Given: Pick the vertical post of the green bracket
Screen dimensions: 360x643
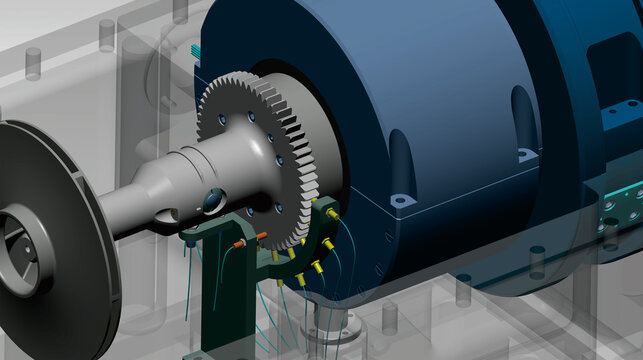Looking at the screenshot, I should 213,300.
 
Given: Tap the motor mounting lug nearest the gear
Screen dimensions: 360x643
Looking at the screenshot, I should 400,200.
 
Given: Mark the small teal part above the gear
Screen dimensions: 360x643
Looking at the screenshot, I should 193,50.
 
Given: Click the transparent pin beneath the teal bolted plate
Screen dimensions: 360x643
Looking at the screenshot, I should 537,264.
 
